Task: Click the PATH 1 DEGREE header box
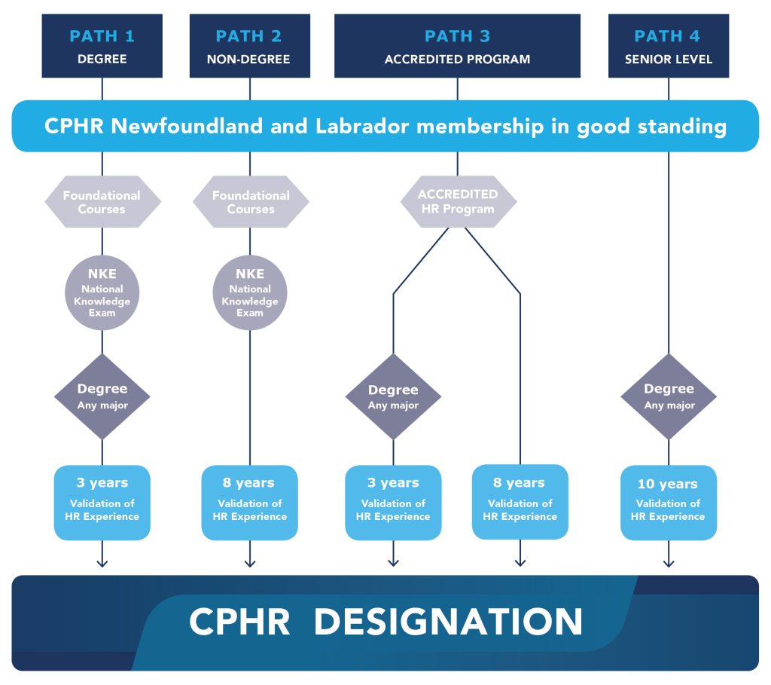(102, 46)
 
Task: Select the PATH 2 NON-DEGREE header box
(249, 46)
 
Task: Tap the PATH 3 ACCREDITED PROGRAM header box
(457, 46)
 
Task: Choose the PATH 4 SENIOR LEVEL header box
(669, 46)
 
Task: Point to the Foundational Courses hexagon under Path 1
(102, 202)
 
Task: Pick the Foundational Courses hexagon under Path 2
(250, 202)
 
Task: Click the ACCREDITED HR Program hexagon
(458, 201)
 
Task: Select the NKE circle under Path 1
(102, 292)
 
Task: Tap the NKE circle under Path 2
(250, 292)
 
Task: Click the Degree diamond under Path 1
(102, 396)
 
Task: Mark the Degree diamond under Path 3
(393, 396)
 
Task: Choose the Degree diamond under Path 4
(669, 396)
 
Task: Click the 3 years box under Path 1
(102, 502)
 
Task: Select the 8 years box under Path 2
(250, 502)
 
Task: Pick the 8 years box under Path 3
(520, 502)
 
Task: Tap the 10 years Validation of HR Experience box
(669, 502)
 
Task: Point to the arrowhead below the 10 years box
(669, 562)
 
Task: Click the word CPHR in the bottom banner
(239, 622)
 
